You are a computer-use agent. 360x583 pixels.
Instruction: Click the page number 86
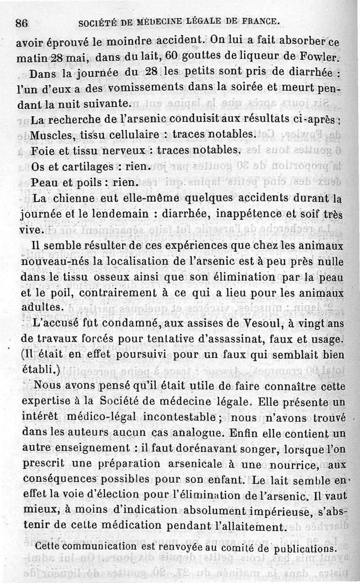point(22,23)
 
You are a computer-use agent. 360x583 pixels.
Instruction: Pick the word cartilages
point(88,166)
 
